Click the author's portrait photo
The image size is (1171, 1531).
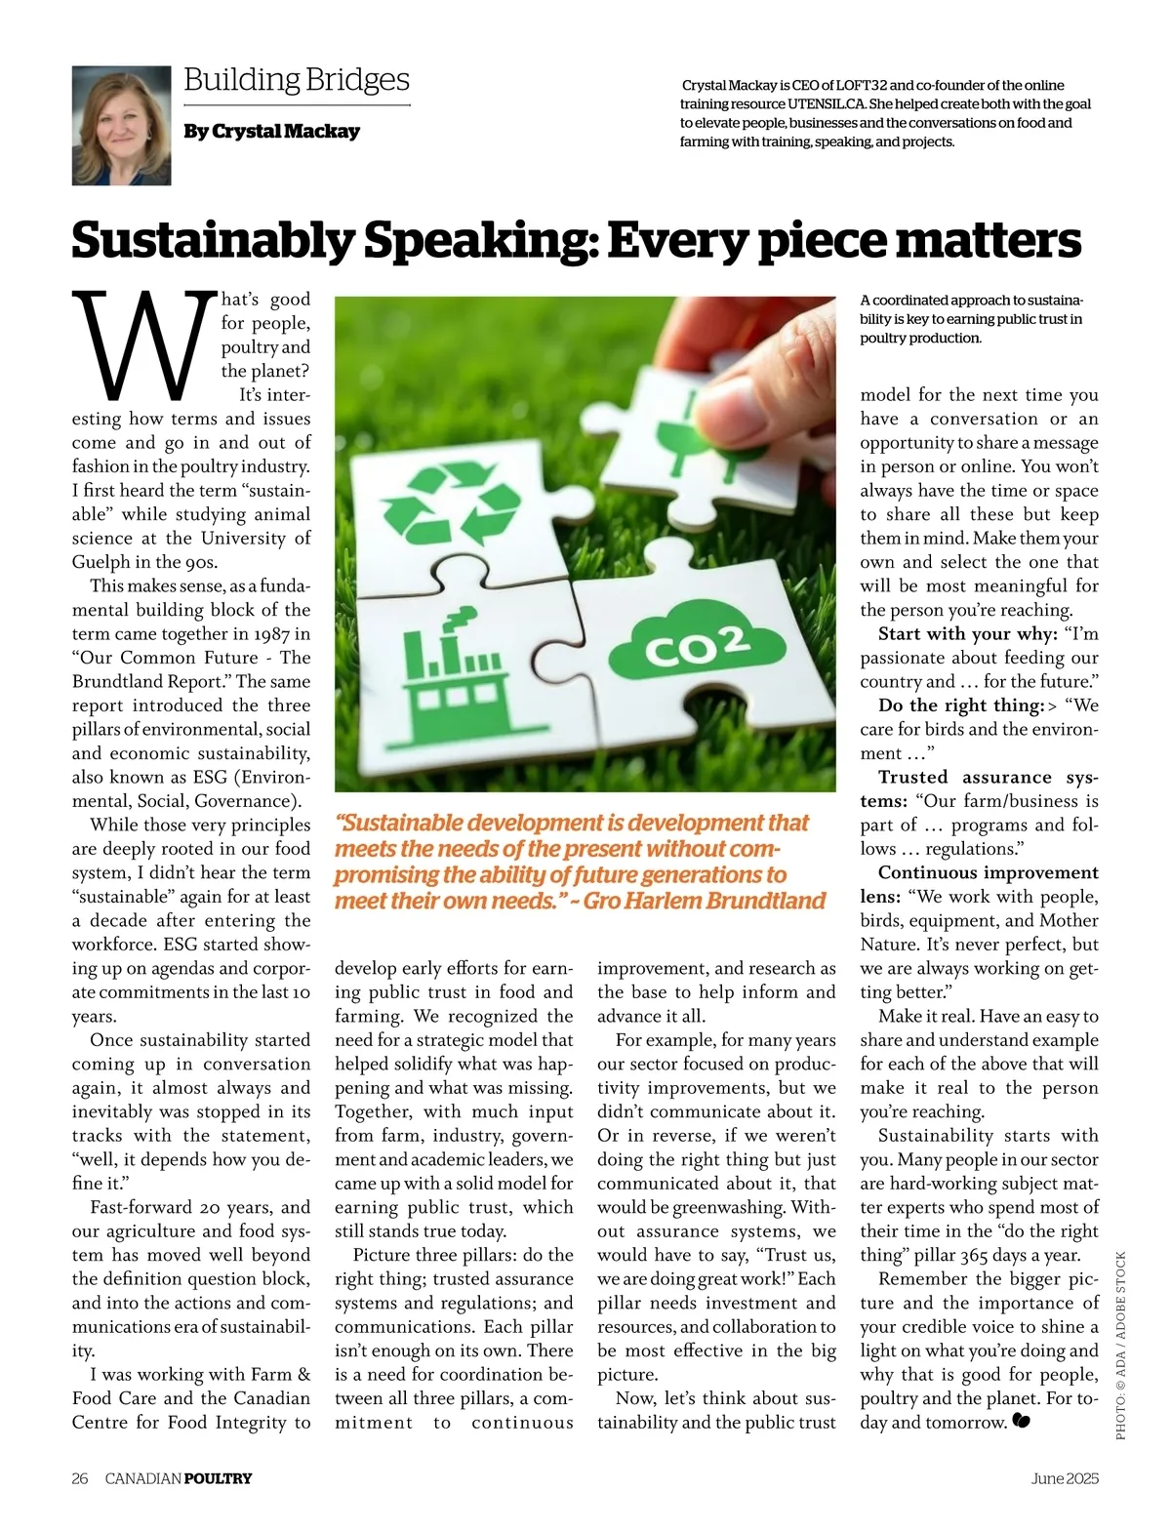click(121, 126)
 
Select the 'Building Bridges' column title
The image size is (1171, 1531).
click(297, 80)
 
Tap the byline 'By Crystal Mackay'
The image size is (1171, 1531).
click(271, 131)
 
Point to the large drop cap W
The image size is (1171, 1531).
click(144, 345)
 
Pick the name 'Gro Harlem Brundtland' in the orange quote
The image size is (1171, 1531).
click(705, 901)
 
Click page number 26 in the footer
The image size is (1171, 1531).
click(80, 1478)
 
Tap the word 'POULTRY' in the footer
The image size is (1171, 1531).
click(218, 1478)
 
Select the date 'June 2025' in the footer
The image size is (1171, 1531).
click(1065, 1478)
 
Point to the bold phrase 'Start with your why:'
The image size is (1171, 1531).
click(967, 634)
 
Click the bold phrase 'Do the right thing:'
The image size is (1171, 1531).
click(960, 705)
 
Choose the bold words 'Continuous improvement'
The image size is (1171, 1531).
click(988, 872)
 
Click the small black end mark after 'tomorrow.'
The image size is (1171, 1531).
click(1022, 1422)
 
